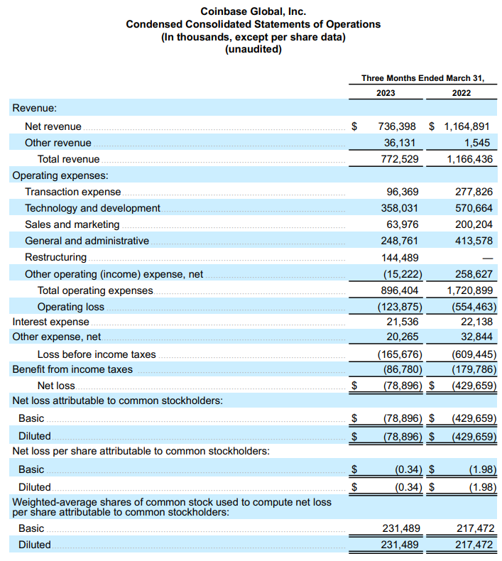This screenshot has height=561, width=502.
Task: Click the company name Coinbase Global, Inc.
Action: [x=253, y=11]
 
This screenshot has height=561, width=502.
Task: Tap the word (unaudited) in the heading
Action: [x=253, y=50]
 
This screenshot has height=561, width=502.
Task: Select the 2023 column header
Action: [x=386, y=93]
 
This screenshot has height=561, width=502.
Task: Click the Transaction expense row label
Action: [x=73, y=192]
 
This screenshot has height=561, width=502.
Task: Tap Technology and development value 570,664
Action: [x=473, y=208]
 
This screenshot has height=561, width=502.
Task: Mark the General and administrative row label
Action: [x=87, y=241]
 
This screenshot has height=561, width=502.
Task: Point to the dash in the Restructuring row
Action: [x=487, y=258]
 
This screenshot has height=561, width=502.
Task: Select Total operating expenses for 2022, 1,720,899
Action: [x=469, y=290]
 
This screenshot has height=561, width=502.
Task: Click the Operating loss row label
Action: [x=71, y=307]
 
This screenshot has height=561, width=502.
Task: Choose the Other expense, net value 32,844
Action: [x=476, y=337]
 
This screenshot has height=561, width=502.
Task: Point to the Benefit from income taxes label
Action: [x=72, y=369]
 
